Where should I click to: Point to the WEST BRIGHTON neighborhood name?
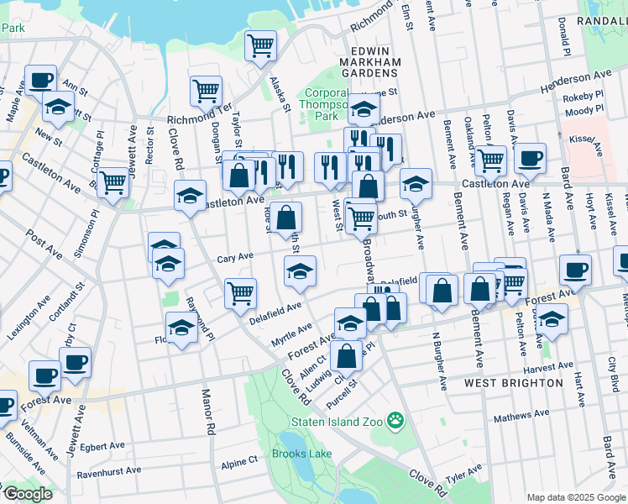[514, 383]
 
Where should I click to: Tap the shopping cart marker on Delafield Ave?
[240, 292]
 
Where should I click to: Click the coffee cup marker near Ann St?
[40, 80]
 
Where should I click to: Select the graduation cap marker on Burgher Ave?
[416, 183]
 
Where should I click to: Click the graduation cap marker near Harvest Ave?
[552, 319]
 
